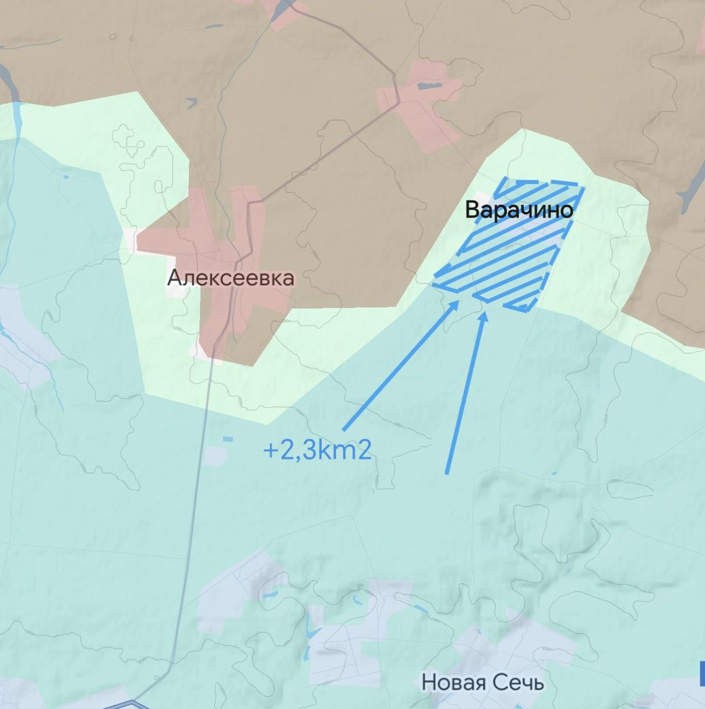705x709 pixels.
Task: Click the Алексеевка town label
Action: point(230,278)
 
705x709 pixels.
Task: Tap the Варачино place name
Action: point(518,210)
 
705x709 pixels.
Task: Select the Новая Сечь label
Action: point(482,682)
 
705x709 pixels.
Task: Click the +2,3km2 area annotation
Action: point(317,451)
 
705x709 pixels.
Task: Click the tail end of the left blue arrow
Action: point(345,428)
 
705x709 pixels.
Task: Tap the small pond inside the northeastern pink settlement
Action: point(425,86)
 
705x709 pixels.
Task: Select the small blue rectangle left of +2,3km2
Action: point(228,439)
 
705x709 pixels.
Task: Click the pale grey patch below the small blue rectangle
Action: point(216,455)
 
